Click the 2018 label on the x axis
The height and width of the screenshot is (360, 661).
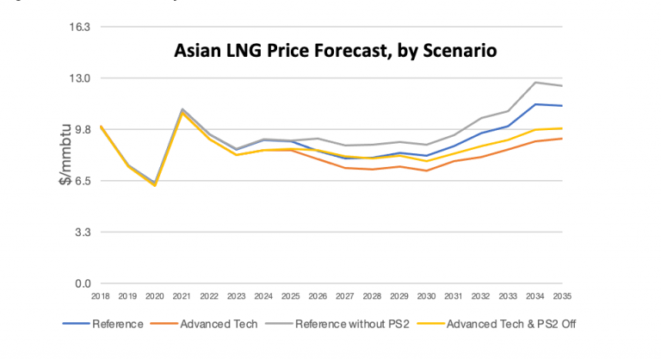(102, 296)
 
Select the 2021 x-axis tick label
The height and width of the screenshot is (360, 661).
(182, 296)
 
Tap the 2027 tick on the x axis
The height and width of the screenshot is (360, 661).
(345, 296)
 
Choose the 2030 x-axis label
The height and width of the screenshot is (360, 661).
(427, 296)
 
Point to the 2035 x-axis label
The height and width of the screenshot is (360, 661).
(563, 296)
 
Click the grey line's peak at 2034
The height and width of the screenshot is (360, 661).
(535, 83)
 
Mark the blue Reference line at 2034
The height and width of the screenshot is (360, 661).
(535, 104)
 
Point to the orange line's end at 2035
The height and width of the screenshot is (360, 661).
(563, 139)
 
